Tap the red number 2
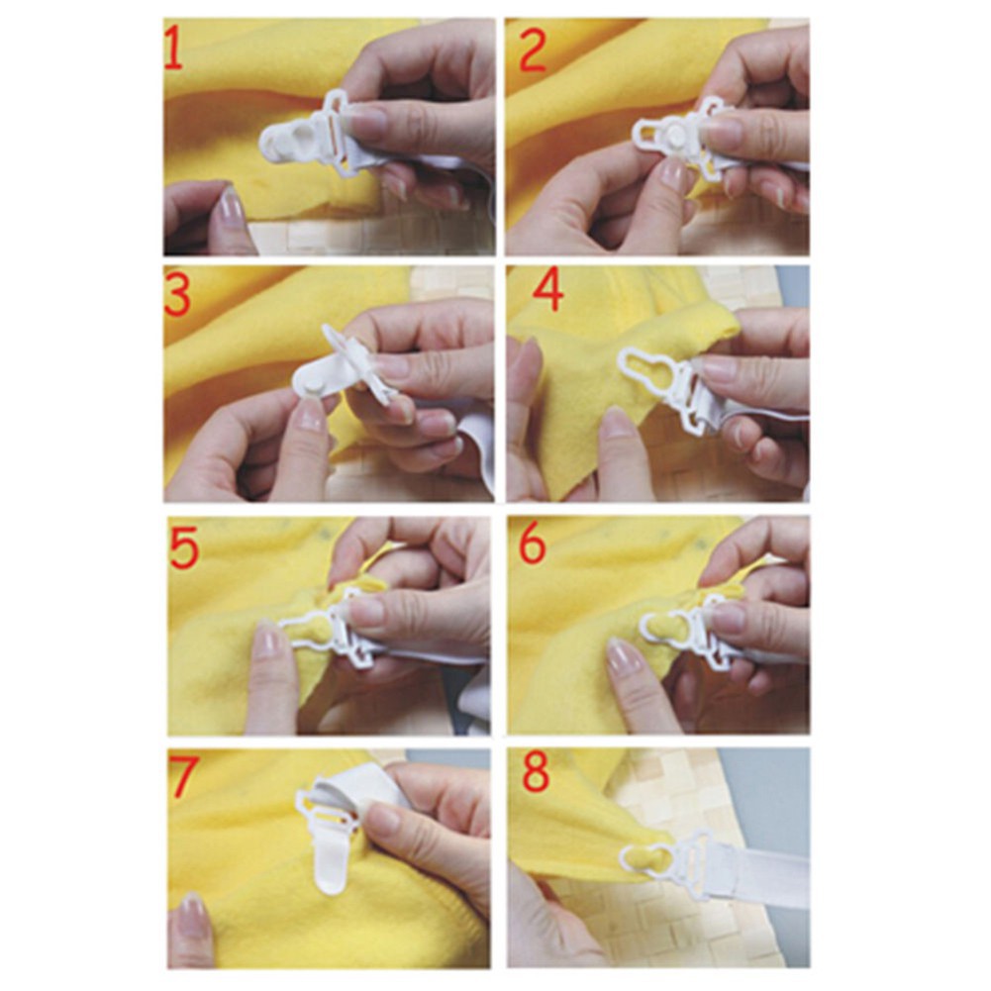click(532, 51)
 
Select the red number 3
click(178, 296)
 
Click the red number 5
click(183, 547)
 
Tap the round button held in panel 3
click(316, 378)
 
